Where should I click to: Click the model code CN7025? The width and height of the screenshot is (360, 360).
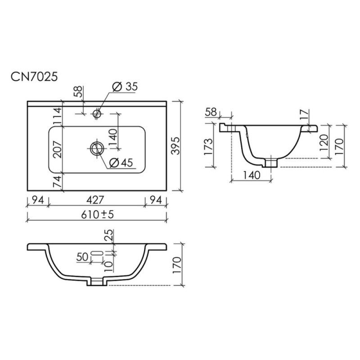tap(34, 76)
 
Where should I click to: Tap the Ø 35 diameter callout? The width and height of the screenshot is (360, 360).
tap(125, 87)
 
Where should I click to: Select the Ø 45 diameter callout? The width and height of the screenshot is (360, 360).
tap(121, 162)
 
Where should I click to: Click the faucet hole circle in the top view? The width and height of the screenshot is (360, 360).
tap(97, 113)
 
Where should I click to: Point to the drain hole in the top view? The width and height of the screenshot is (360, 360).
tap(97, 148)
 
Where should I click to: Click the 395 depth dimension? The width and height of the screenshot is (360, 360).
tap(176, 146)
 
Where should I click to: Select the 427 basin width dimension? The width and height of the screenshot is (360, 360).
tap(95, 200)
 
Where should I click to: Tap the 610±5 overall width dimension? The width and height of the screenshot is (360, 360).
tap(97, 215)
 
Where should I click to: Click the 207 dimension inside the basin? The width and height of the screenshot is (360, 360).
tap(57, 149)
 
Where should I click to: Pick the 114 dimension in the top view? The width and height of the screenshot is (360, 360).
tap(57, 116)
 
